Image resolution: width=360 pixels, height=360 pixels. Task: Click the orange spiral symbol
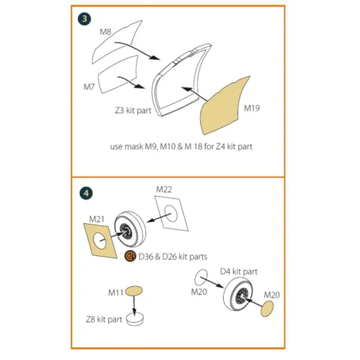(x=131, y=256)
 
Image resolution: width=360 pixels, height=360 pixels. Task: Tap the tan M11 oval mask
(x=134, y=290)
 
